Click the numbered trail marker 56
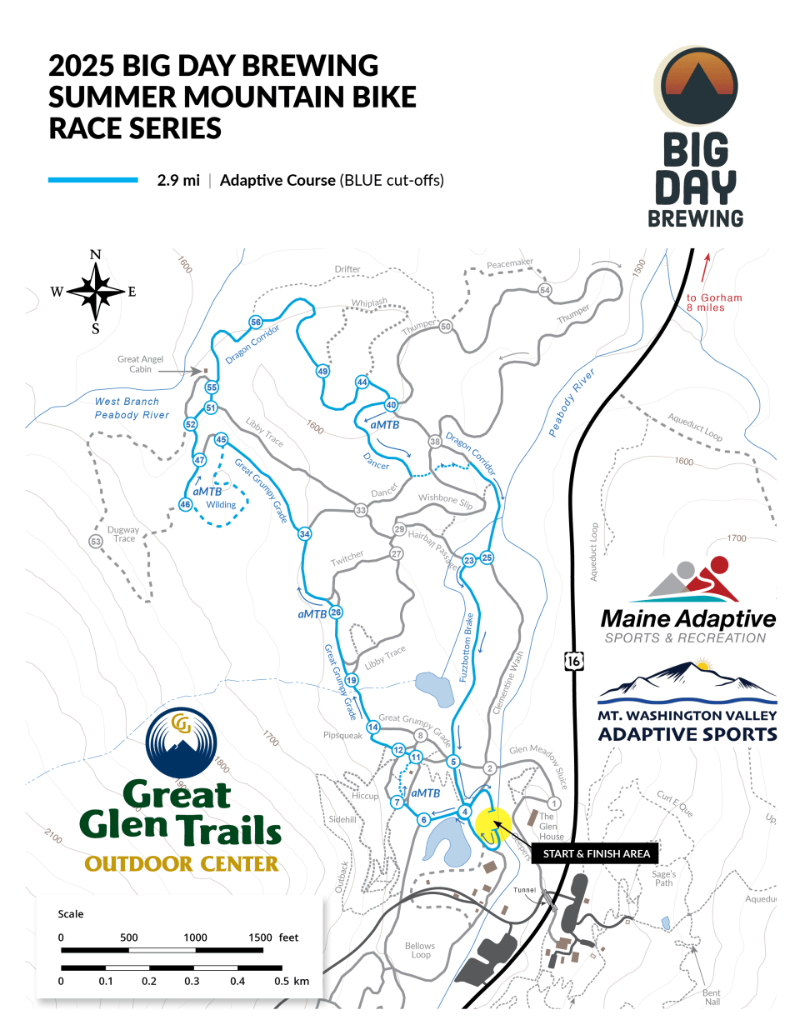point(256,322)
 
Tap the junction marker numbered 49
point(322,371)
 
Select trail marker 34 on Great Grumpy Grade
point(305,534)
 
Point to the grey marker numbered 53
point(96,542)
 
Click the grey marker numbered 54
point(545,290)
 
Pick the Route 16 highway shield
point(573,661)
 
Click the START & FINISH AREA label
point(596,853)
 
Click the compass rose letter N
point(96,255)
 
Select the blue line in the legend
point(92,180)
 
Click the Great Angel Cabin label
point(140,364)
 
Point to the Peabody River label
point(572,402)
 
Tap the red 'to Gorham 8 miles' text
point(713,302)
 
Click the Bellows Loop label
point(420,950)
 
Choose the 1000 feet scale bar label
point(195,937)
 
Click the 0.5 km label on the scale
point(292,981)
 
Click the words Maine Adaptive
point(687,619)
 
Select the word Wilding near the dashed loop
point(221,504)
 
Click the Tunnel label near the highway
point(525,890)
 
